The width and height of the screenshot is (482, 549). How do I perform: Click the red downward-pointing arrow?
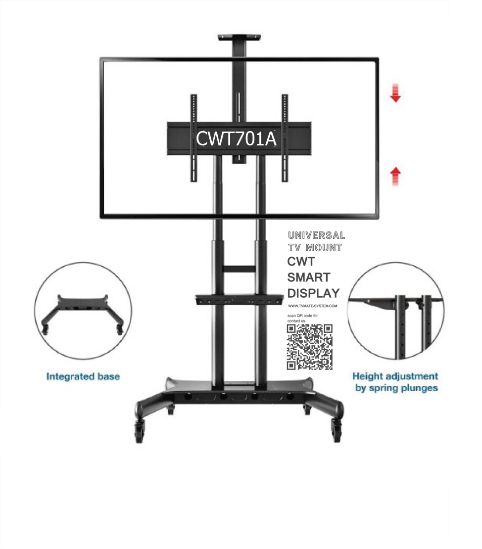pos(395,93)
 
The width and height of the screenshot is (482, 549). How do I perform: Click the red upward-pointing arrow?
pos(395,176)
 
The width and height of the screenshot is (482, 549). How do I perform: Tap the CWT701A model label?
pos(236,138)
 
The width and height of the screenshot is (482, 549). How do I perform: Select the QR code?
pos(309,347)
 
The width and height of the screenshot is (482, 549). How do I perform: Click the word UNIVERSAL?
pos(316,235)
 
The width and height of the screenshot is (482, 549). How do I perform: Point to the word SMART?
pos(309,277)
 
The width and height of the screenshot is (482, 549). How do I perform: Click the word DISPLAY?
pos(314,293)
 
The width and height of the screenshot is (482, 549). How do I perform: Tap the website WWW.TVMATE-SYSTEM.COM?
pos(312,306)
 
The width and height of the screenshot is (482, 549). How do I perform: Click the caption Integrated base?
pos(83,376)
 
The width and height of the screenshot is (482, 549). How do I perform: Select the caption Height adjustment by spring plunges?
pos(395,382)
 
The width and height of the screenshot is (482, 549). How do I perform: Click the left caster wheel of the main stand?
pos(139,432)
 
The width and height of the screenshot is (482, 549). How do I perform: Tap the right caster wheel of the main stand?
pos(337,431)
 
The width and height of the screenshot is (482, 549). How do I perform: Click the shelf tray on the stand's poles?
pos(239,299)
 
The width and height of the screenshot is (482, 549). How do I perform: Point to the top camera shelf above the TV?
pos(239,37)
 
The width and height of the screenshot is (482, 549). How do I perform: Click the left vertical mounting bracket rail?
pos(193,137)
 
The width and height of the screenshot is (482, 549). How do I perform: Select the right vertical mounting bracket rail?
pos(285,137)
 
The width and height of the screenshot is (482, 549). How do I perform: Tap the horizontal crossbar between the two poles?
pos(239,269)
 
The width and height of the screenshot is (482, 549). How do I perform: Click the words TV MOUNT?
pos(315,248)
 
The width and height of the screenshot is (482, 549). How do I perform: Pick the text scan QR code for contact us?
pos(302,318)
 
